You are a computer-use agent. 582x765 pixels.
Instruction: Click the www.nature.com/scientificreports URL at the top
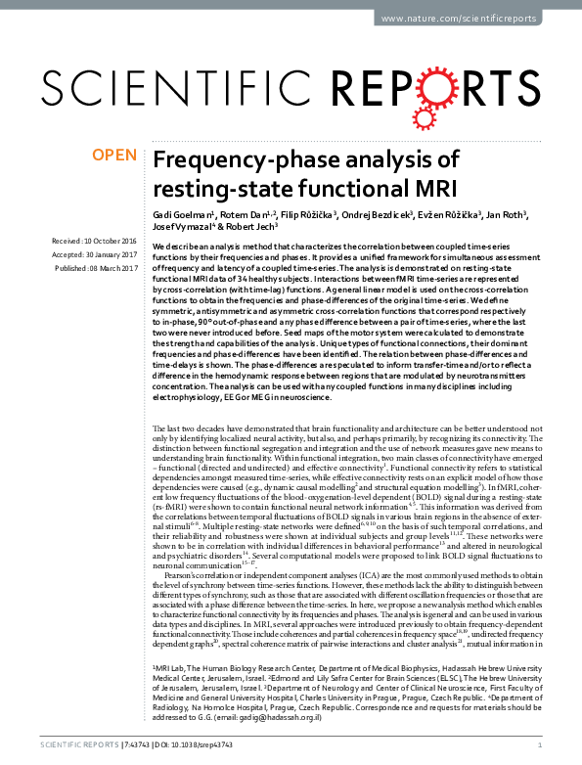point(469,20)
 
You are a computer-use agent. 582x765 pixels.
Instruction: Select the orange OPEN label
point(112,155)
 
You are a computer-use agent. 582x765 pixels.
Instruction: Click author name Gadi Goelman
point(179,213)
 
